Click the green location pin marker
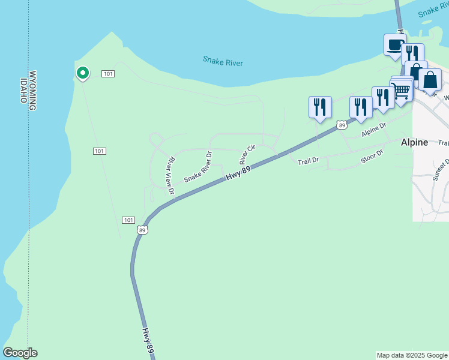82,73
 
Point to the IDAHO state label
24,90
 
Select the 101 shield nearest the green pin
108,73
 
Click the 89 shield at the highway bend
142,229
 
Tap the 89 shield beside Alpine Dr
342,125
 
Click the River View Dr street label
170,176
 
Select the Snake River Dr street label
199,167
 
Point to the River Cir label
247,154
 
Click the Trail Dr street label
308,160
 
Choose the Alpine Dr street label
373,131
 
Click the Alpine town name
414,142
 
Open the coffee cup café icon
395,45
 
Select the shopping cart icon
401,90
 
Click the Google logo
20,352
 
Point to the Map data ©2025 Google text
412,355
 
